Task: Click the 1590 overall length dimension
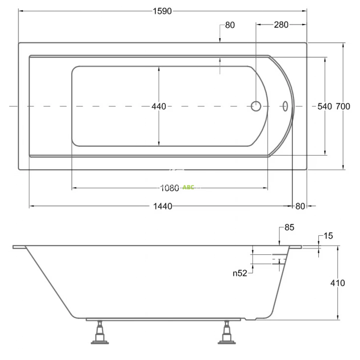click(x=162, y=11)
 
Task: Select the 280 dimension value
click(x=281, y=25)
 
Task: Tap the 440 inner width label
click(x=159, y=106)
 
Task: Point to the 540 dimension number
click(x=325, y=106)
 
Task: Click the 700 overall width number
click(x=343, y=106)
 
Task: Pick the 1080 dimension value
click(x=169, y=188)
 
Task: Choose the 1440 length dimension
click(x=163, y=206)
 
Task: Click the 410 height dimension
click(x=337, y=283)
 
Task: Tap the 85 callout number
click(x=289, y=227)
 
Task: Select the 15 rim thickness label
click(x=328, y=236)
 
